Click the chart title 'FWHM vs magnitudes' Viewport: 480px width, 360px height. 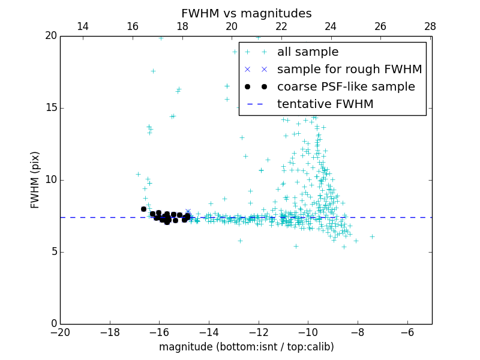click(x=246, y=13)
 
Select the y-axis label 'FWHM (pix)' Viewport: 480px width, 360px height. click(x=35, y=180)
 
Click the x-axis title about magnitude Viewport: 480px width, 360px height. click(x=246, y=347)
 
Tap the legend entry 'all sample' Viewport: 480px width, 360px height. click(x=308, y=52)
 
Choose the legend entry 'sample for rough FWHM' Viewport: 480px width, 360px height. click(x=349, y=70)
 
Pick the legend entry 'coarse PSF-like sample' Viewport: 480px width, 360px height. click(x=346, y=87)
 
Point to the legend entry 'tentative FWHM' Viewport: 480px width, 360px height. click(x=325, y=104)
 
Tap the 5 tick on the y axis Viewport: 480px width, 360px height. click(x=53, y=252)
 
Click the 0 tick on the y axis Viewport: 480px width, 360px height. click(x=53, y=324)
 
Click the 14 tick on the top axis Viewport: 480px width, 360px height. click(x=83, y=26)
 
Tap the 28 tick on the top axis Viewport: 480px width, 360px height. click(x=430, y=26)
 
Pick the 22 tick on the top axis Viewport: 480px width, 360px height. click(x=281, y=26)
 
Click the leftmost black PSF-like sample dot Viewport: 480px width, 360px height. click(x=143, y=209)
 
